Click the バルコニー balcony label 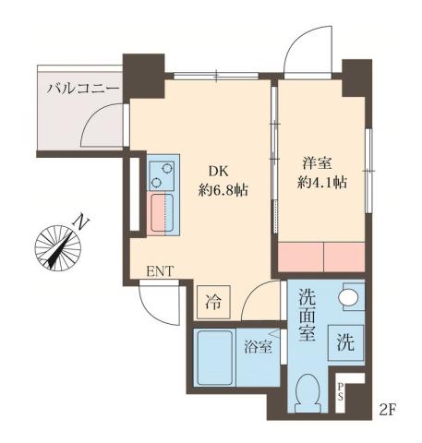83,90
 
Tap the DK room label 216,171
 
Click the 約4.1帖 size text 323,182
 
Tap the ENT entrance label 160,271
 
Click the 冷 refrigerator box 212,302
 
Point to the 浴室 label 258,348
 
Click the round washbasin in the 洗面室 349,297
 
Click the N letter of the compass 82,222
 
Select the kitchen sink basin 164,213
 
